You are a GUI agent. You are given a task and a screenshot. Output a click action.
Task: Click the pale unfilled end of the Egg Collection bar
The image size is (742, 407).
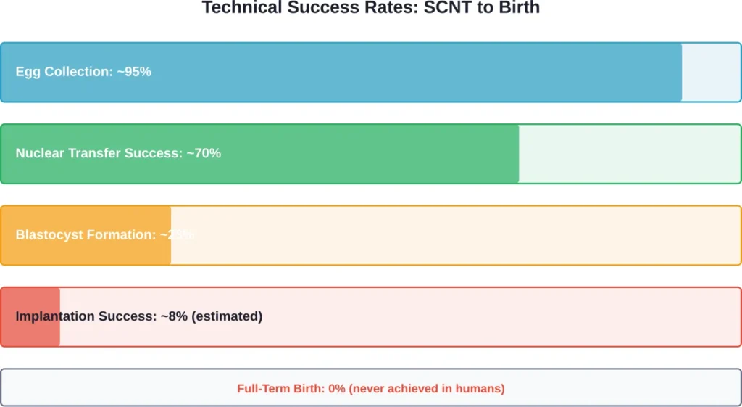tap(710, 72)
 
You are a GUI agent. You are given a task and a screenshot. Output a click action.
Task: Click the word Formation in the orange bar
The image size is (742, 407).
tap(118, 235)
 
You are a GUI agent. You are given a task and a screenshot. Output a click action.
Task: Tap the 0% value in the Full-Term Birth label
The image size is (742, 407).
tap(337, 389)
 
